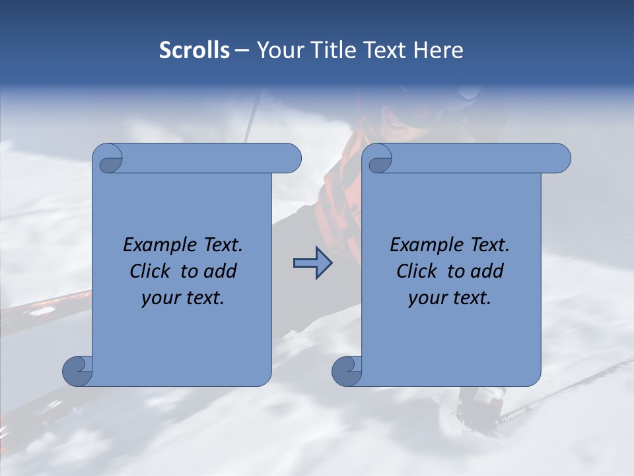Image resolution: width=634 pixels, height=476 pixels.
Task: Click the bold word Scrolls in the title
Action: pyautogui.click(x=194, y=50)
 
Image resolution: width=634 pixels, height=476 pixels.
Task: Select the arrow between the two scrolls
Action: pyautogui.click(x=312, y=263)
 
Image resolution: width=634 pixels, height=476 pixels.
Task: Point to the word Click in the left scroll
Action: pyautogui.click(x=150, y=271)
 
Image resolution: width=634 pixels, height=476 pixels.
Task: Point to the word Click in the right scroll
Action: pyautogui.click(x=417, y=271)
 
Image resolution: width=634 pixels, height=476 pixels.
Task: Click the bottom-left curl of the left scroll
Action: pyautogui.click(x=78, y=370)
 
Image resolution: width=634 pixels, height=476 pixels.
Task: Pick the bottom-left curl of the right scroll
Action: pyautogui.click(x=347, y=370)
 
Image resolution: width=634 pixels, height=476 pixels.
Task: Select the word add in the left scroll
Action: pyautogui.click(x=221, y=271)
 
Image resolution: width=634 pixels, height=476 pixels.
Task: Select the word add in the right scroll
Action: pyautogui.click(x=487, y=271)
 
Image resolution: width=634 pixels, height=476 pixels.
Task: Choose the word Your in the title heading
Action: pyautogui.click(x=278, y=50)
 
